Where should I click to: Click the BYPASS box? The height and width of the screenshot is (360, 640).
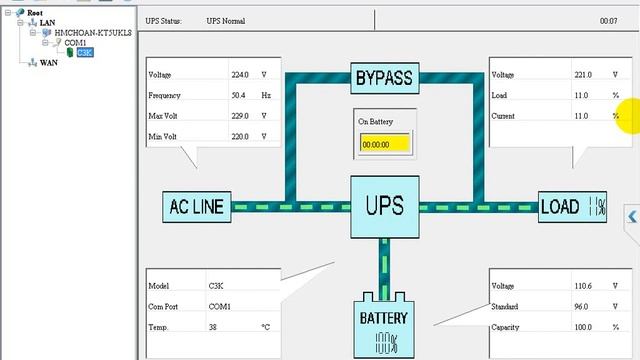pos(385,76)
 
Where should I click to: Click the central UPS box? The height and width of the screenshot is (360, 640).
pos(384,207)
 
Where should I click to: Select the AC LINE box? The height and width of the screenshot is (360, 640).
pos(195,207)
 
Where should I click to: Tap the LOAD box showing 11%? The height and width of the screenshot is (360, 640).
pos(574,207)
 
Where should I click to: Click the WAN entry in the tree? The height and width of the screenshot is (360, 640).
pos(48,63)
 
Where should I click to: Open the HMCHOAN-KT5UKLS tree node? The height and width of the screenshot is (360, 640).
pos(92,33)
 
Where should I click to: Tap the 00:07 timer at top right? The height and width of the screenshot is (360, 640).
pos(607,21)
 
